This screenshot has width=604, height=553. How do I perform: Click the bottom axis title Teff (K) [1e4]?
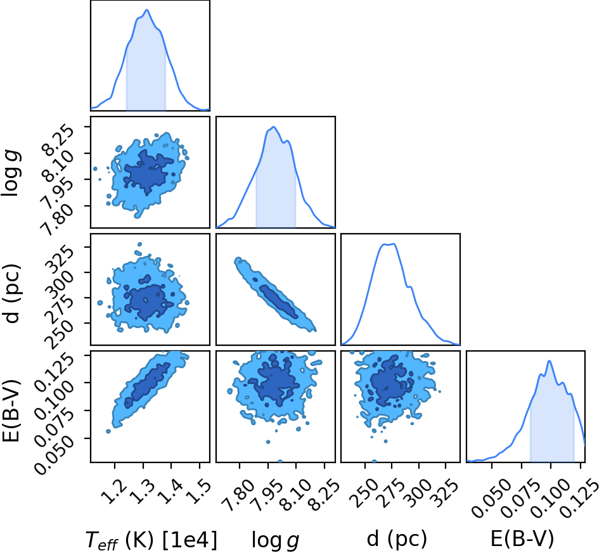[x=151, y=540]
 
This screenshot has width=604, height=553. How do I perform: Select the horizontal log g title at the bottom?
[x=276, y=540]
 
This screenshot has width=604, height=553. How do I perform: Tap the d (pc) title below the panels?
[x=397, y=538]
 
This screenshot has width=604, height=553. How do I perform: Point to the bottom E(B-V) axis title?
[x=522, y=538]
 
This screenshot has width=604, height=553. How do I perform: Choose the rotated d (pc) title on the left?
[x=11, y=294]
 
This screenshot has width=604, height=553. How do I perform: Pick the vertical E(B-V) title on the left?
[x=11, y=411]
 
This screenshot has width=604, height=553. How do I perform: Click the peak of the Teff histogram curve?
[x=147, y=10]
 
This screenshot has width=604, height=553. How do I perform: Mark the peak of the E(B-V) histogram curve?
[x=549, y=361]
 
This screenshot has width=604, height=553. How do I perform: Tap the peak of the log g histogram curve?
[x=274, y=127]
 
